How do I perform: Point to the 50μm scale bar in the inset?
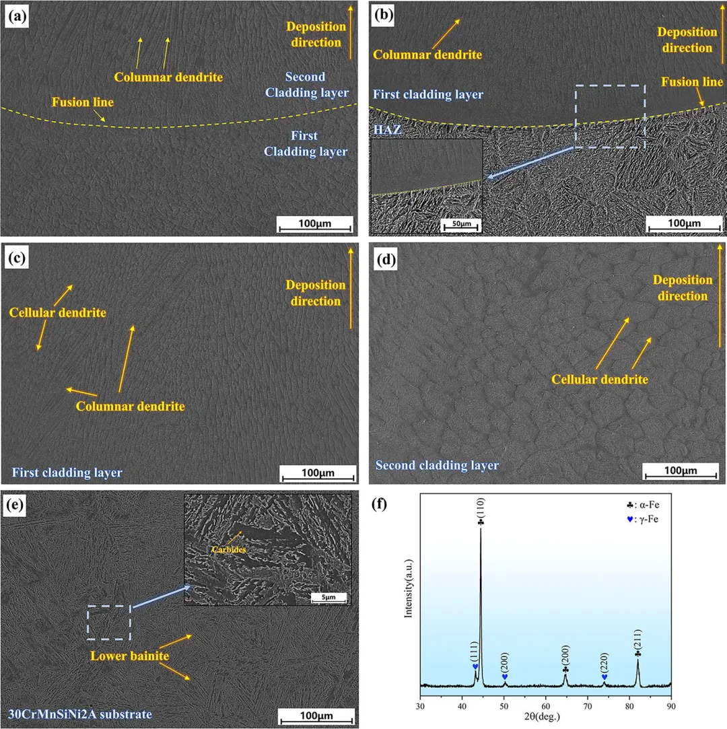click(x=461, y=223)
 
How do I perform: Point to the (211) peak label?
click(x=637, y=639)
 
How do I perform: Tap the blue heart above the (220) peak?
click(x=604, y=676)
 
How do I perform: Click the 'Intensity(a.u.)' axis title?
click(x=408, y=590)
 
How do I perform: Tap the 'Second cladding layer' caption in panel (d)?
click(x=437, y=465)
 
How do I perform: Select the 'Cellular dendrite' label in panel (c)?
click(x=58, y=313)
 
